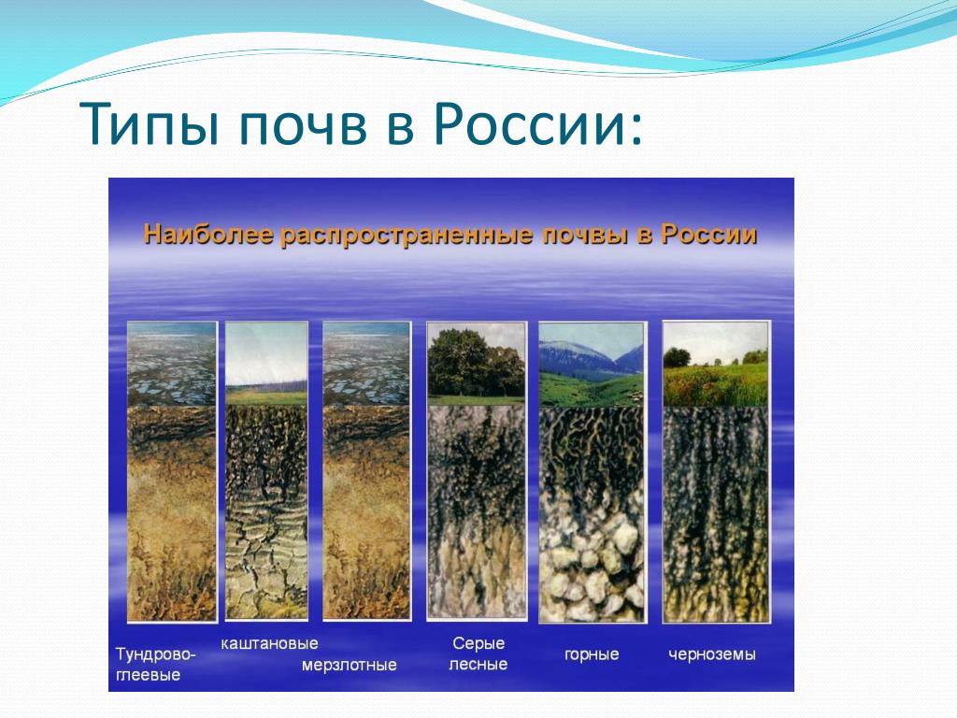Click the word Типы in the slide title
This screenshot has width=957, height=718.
[149, 124]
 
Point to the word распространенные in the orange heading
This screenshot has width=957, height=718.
[407, 236]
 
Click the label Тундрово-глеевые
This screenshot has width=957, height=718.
[156, 665]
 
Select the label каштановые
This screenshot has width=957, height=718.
[269, 643]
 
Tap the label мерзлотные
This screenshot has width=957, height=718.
[350, 666]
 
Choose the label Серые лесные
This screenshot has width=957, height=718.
[478, 653]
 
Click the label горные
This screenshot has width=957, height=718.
[592, 655]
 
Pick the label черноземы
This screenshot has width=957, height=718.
[711, 655]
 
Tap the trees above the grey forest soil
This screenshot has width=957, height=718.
[476, 363]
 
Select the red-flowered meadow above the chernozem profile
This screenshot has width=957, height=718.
[716, 385]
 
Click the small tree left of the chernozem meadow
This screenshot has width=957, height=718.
[677, 357]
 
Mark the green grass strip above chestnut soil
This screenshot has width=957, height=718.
[266, 396]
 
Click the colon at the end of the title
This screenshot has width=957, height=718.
[636, 129]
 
